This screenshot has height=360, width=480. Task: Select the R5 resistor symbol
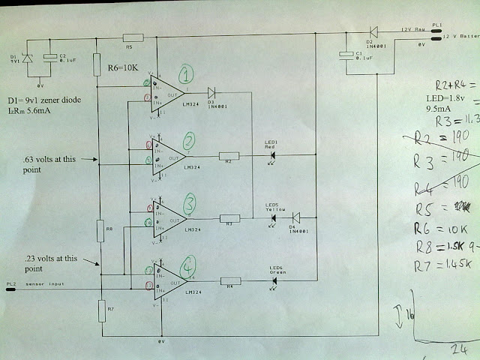133,37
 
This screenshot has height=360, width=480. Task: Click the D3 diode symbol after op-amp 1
211,93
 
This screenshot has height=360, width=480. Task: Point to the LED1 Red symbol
272,156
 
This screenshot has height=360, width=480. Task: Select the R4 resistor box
229,282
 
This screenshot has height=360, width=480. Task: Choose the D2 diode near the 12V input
373,31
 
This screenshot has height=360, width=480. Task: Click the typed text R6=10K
124,68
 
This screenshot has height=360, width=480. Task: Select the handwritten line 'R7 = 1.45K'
445,264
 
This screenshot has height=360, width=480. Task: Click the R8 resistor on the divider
99,228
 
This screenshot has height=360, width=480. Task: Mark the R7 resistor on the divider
100,308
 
